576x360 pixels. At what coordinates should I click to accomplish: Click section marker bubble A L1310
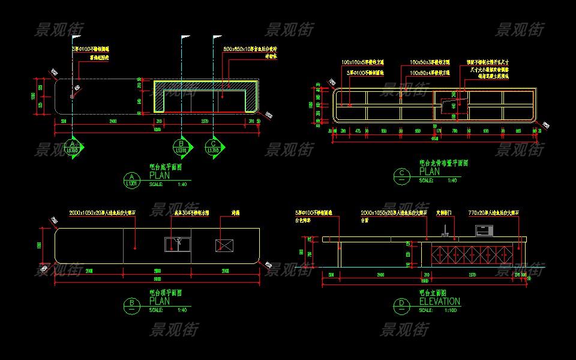pyautogui.click(x=73, y=148)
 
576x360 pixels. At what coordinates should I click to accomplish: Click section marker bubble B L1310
pyautogui.click(x=181, y=148)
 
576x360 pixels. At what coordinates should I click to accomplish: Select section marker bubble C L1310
pyautogui.click(x=214, y=148)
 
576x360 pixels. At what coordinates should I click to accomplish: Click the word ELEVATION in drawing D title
pyautogui.click(x=440, y=302)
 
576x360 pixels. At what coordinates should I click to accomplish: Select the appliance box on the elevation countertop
pyautogui.click(x=482, y=230)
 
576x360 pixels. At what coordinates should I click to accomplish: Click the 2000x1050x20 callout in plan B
pyautogui.click(x=103, y=212)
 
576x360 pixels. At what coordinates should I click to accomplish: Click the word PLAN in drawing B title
pyautogui.click(x=160, y=301)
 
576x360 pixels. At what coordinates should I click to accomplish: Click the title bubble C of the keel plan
pyautogui.click(x=401, y=175)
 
